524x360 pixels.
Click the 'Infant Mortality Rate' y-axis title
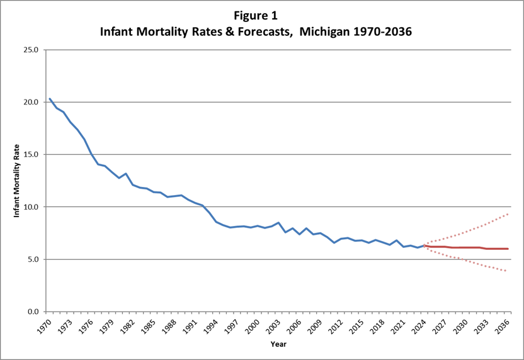point(18,181)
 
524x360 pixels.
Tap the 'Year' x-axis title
point(278,345)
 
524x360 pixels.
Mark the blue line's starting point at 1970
point(50,99)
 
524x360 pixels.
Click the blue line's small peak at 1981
point(126,173)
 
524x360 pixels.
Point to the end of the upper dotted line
point(508,214)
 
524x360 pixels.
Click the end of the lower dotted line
point(508,271)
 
